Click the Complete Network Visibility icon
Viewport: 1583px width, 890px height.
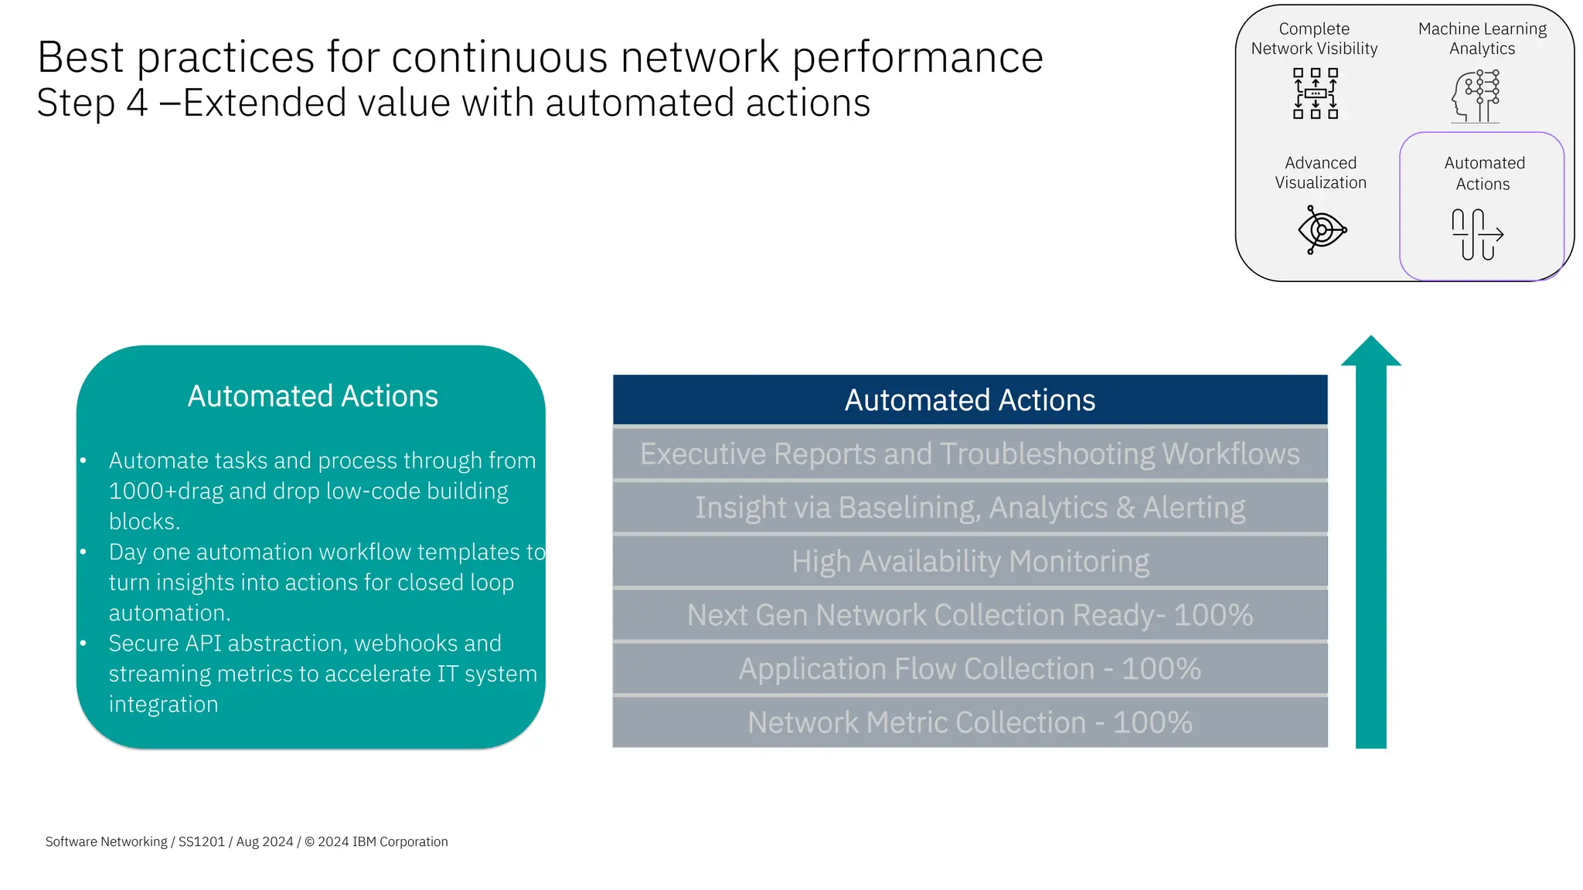click(x=1315, y=93)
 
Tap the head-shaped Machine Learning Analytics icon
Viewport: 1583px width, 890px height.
click(x=1476, y=97)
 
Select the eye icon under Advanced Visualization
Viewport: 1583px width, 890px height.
click(x=1322, y=229)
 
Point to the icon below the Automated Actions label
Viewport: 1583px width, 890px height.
click(x=1477, y=234)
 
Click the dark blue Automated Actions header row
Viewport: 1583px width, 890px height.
click(x=970, y=400)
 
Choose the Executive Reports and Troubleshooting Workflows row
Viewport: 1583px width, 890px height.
click(x=970, y=454)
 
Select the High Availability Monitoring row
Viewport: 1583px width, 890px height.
click(x=970, y=562)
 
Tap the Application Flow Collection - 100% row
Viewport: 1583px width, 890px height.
click(x=970, y=669)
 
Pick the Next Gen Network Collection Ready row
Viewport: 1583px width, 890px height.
click(x=970, y=616)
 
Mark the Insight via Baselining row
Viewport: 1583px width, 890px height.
click(x=970, y=508)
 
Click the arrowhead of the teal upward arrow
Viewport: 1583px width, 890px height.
click(x=1370, y=352)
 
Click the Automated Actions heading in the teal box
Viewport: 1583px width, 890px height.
click(x=312, y=396)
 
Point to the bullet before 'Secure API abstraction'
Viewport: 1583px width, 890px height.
click(x=83, y=644)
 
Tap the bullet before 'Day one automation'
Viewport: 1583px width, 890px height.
click(x=83, y=552)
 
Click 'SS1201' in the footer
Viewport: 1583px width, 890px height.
click(x=202, y=842)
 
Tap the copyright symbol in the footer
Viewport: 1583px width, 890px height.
click(x=309, y=842)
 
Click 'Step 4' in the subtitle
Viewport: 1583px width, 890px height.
click(x=92, y=104)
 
